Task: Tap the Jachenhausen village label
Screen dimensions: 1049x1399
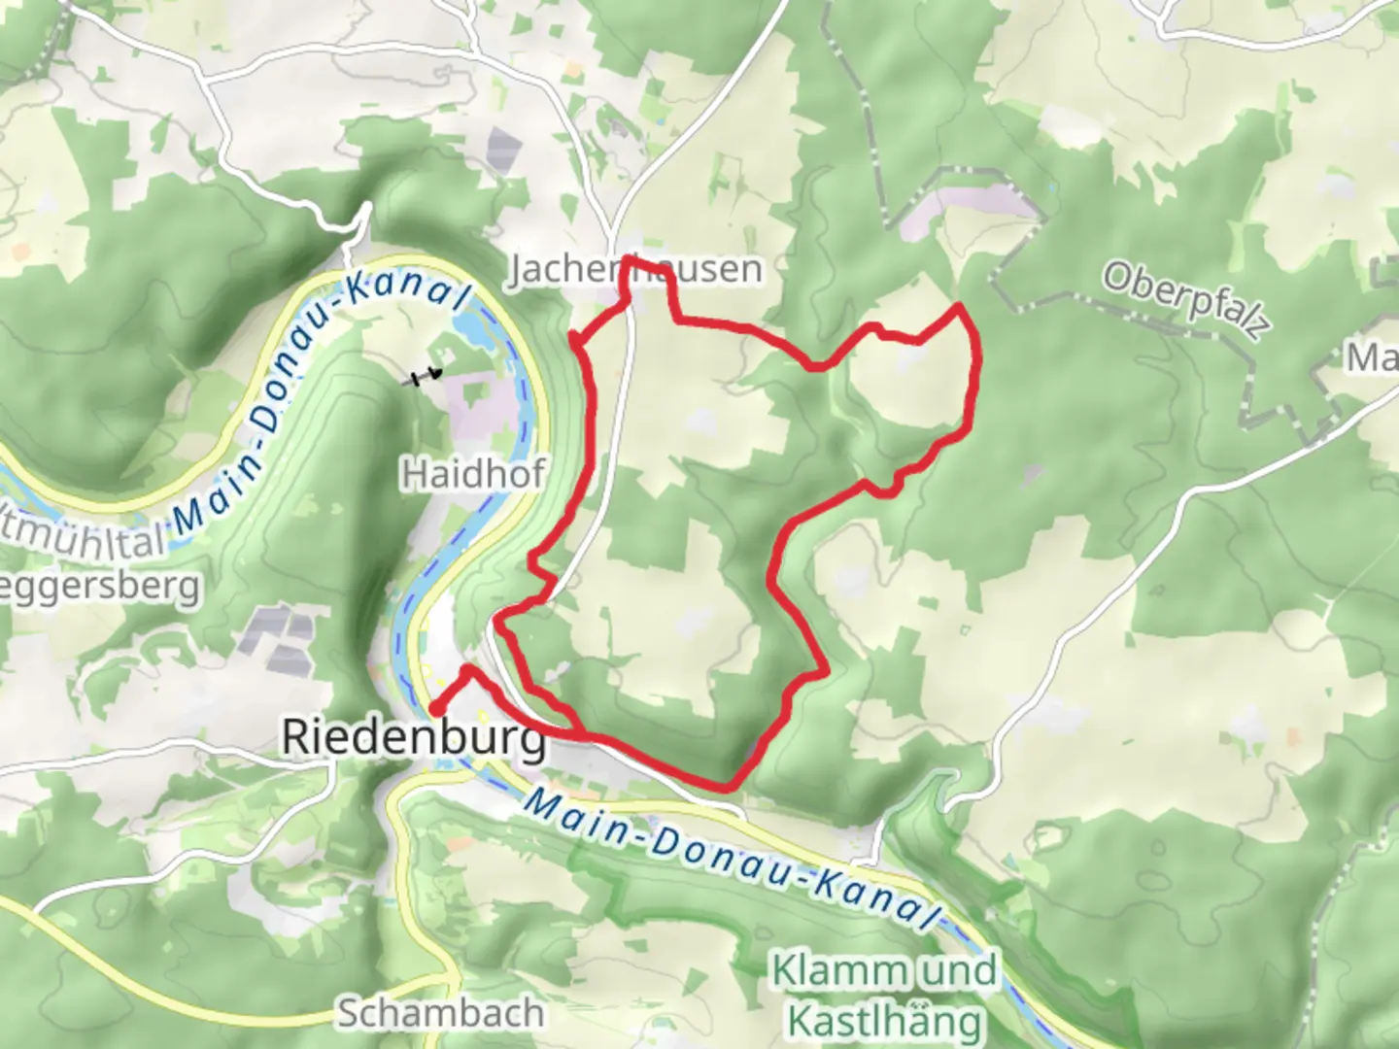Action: (x=637, y=269)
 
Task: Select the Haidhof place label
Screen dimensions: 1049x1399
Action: (x=472, y=474)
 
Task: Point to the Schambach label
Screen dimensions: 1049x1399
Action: (x=440, y=1013)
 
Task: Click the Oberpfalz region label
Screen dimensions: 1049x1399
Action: (x=1185, y=300)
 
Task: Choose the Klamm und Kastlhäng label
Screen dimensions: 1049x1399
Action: (x=884, y=996)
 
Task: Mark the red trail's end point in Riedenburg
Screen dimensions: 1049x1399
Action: (x=434, y=712)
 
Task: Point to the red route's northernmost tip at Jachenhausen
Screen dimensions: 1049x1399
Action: (x=630, y=260)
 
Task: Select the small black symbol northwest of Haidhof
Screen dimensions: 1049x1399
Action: (x=424, y=377)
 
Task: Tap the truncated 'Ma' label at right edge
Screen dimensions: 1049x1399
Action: (x=1372, y=358)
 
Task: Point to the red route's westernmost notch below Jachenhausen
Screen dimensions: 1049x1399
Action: (x=574, y=339)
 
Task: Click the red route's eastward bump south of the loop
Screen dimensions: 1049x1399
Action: (x=825, y=670)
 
